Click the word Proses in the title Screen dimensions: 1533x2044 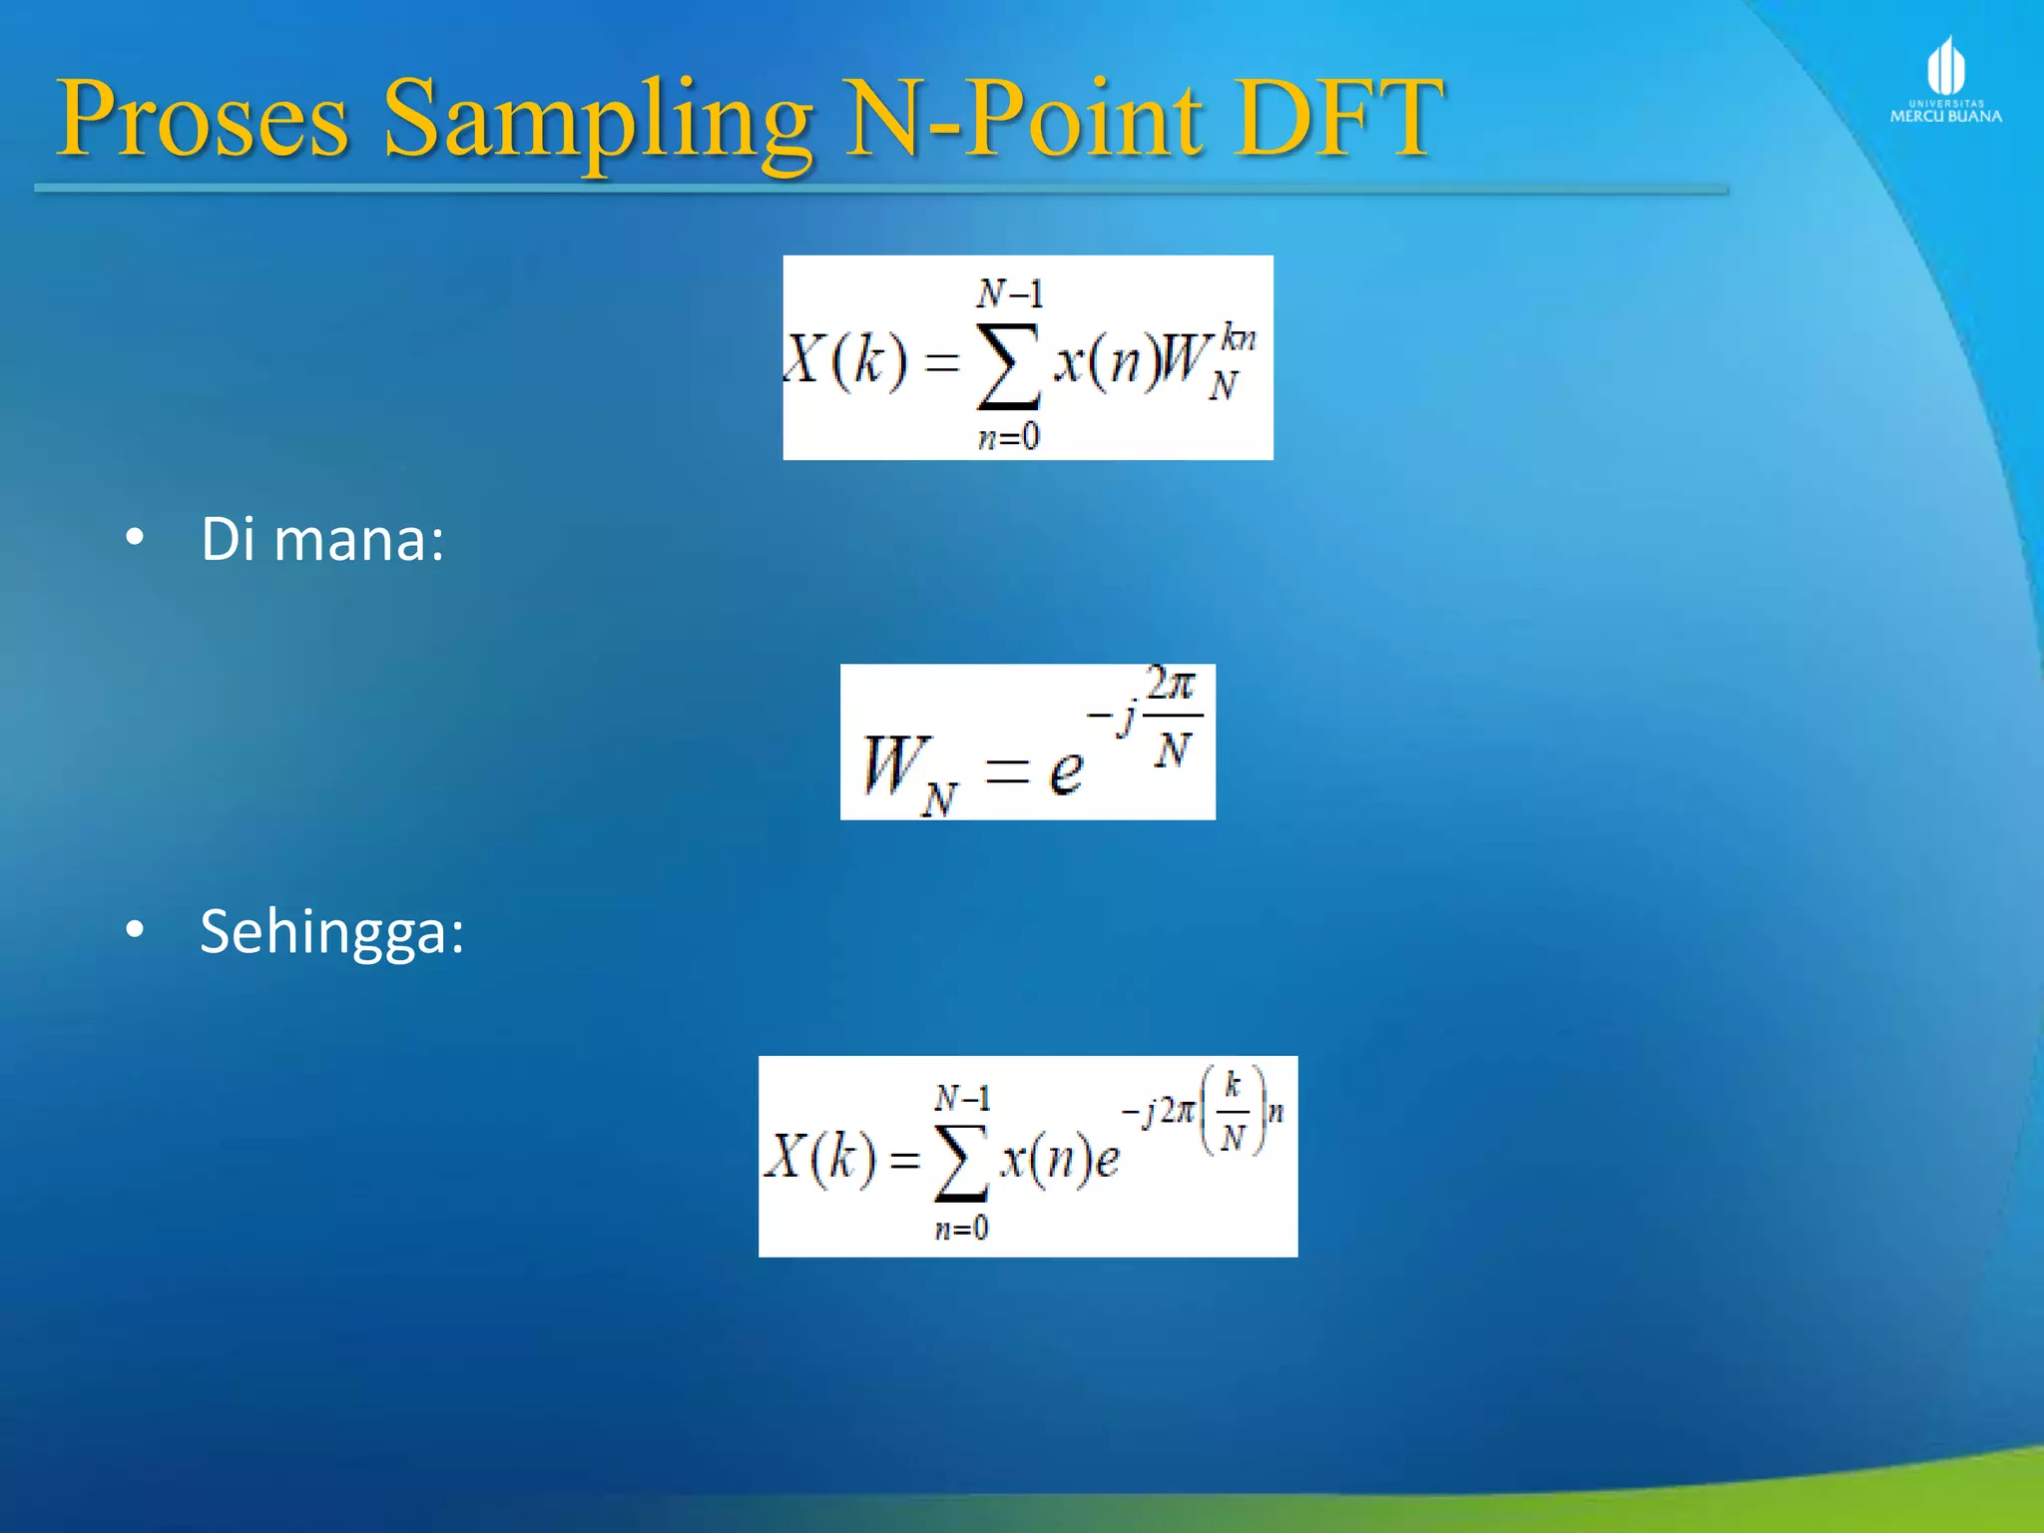tap(204, 120)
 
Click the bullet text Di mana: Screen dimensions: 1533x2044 tap(321, 540)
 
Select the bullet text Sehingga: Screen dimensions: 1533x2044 tap(331, 932)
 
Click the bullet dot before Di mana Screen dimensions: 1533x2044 tap(135, 538)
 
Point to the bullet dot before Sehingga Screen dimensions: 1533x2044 tap(135, 930)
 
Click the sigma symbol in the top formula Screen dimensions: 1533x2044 tap(1008, 365)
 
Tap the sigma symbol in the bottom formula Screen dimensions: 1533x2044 tap(960, 1164)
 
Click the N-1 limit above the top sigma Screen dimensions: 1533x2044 tap(1009, 293)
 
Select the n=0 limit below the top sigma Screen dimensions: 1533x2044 tap(1008, 437)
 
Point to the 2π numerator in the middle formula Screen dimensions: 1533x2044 tap(1170, 685)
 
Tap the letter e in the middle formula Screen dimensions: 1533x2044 tap(1066, 769)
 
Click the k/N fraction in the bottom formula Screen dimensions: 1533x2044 tap(1233, 1110)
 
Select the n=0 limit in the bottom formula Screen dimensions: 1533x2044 tap(960, 1228)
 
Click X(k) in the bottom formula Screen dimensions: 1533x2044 tap(820, 1158)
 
